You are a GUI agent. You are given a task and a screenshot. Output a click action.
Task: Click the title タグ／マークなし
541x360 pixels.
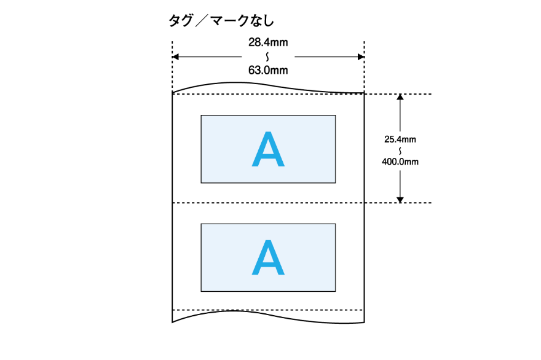coord(221,21)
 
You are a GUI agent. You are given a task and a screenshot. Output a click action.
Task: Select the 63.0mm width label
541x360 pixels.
coord(268,70)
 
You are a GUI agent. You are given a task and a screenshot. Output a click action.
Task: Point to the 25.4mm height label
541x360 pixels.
coord(400,139)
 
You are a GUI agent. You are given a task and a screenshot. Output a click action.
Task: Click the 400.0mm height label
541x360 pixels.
coord(400,162)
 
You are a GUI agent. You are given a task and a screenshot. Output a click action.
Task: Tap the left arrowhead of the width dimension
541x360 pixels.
coord(175,57)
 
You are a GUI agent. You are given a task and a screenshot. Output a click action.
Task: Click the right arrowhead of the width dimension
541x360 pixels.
coord(361,57)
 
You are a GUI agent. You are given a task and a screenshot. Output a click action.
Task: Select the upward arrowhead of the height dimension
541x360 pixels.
coord(400,98)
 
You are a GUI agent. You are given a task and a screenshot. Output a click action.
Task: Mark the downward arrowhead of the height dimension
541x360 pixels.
coord(400,199)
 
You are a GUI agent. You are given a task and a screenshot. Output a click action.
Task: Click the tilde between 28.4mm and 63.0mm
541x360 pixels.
coord(268,57)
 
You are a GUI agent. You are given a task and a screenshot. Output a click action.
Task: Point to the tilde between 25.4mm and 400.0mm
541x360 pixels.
coord(400,151)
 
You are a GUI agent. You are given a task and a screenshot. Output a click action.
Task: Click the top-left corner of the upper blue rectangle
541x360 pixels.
coord(201,114)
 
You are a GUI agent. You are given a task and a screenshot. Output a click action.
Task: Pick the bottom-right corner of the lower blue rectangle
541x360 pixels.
coord(336,291)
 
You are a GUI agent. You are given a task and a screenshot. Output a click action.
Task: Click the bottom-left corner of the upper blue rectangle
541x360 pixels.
coord(201,182)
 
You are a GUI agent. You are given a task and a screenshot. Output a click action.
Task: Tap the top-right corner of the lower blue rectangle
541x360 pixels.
coord(336,224)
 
